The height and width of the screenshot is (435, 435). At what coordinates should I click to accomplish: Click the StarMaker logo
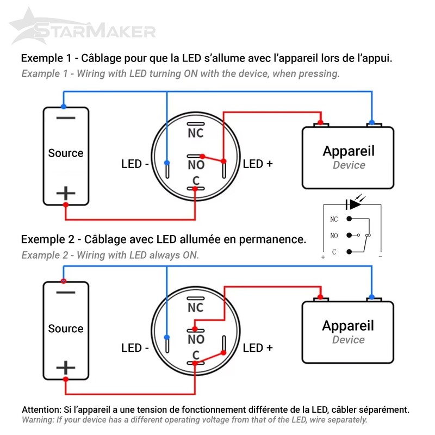82,27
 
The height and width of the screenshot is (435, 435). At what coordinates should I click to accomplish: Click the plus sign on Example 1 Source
66,193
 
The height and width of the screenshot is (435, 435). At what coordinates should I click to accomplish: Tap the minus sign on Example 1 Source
66,118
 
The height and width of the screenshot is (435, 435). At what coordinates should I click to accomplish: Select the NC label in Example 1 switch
196,133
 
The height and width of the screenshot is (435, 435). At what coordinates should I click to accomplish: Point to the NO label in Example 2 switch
196,339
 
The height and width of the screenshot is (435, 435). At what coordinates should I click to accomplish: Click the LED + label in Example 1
258,164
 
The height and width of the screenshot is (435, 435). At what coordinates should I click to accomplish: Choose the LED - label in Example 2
135,348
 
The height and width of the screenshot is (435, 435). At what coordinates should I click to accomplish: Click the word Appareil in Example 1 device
349,152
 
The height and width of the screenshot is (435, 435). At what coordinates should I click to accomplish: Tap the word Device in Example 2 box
349,339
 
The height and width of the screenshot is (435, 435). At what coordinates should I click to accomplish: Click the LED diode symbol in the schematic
353,204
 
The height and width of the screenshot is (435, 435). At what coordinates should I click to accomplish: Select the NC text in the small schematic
334,219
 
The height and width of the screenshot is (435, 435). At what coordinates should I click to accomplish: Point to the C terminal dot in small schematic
349,252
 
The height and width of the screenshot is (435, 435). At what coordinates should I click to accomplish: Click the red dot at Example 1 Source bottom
66,205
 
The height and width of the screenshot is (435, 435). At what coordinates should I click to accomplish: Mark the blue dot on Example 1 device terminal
372,122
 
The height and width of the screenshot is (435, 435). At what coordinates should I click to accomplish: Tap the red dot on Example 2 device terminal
320,297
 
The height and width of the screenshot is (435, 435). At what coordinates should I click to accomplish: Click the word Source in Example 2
66,328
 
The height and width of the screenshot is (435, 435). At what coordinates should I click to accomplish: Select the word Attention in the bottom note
41,410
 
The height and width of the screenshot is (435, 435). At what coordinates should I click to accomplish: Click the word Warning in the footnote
38,420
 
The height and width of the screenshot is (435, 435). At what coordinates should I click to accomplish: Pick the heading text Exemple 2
48,239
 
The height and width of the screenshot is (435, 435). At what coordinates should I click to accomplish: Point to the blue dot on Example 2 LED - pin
167,337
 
